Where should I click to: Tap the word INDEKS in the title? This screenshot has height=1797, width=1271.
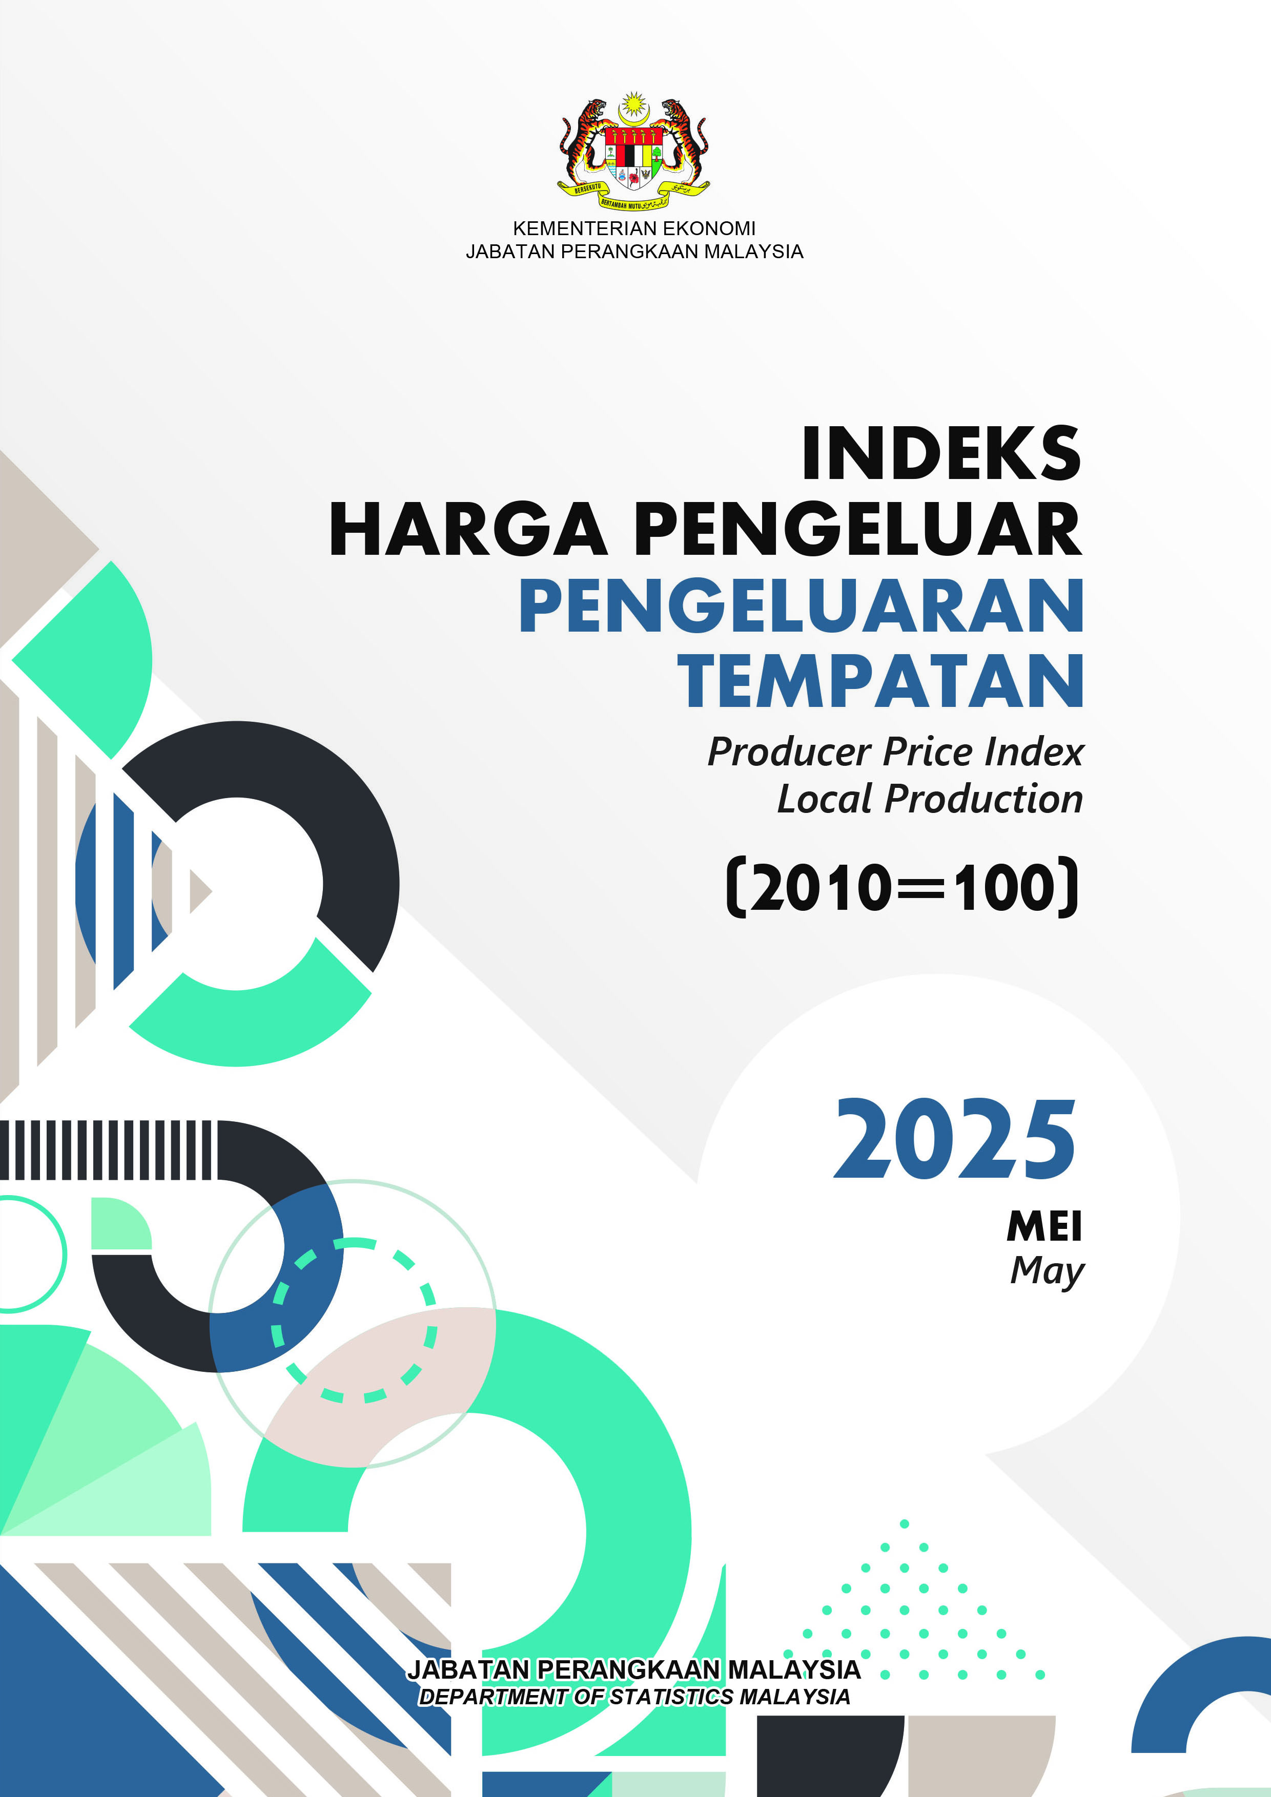[x=941, y=454]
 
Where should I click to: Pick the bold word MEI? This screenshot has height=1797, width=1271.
[x=1044, y=1226]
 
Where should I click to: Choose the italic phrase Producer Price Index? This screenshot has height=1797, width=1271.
[x=896, y=752]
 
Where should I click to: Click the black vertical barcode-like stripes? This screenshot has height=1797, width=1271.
[x=106, y=1150]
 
